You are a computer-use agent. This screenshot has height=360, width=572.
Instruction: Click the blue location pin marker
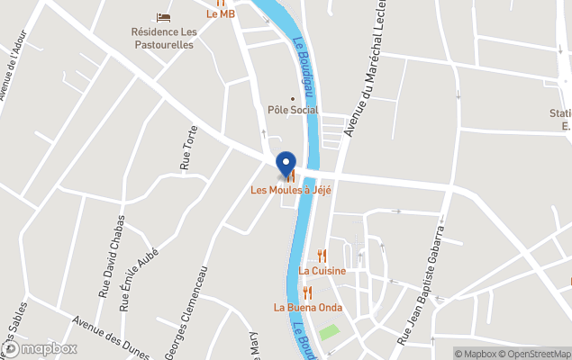tap(286, 165)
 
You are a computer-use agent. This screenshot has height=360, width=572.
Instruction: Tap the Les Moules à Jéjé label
tap(291, 190)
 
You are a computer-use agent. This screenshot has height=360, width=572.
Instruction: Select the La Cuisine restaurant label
tap(322, 270)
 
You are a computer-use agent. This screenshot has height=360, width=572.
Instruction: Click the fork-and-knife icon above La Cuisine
tap(322, 256)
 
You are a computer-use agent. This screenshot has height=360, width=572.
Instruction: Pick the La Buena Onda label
tap(307, 307)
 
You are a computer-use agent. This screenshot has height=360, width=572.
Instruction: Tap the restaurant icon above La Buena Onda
tap(307, 292)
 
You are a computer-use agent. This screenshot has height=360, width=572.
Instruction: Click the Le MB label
tap(221, 13)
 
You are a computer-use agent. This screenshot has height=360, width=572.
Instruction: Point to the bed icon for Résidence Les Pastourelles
tap(163, 17)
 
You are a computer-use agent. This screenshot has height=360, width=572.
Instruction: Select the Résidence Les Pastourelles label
tap(162, 39)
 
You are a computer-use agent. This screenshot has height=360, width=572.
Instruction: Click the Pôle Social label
tap(293, 110)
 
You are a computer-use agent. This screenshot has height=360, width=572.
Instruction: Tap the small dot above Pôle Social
tap(292, 98)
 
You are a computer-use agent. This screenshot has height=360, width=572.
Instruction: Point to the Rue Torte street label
tap(188, 148)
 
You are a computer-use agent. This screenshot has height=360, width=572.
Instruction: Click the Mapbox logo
tap(40, 348)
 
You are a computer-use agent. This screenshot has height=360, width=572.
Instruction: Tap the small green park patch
tap(329, 332)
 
